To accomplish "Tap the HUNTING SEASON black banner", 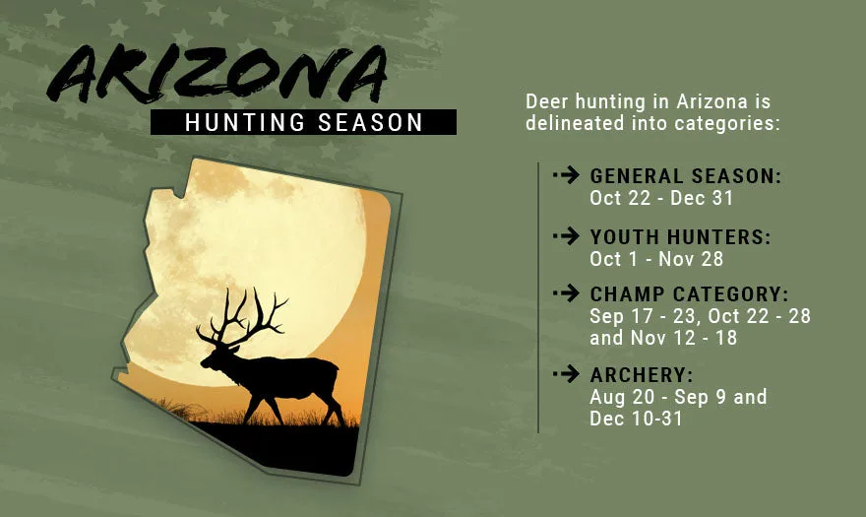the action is pos(303,122).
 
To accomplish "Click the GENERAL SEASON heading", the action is pos(686,176).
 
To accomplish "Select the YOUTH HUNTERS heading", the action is pos(680,236).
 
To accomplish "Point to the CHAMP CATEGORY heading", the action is pos(689,294).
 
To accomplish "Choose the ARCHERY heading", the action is pos(642,375).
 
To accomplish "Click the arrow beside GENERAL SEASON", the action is pos(566,175).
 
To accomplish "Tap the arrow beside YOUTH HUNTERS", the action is pos(566,236).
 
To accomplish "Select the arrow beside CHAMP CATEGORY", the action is pos(566,293).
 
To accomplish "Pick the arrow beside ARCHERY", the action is pos(566,374).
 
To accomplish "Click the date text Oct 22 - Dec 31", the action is pos(661,198).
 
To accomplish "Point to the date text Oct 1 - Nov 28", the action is pos(656,259).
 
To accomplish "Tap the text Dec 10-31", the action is pos(637,419).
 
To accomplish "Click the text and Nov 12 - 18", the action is pos(663,338).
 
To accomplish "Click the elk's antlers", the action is pos(242,316).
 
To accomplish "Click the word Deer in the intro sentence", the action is pos(547,101).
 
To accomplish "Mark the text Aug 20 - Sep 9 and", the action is pos(678,397).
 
